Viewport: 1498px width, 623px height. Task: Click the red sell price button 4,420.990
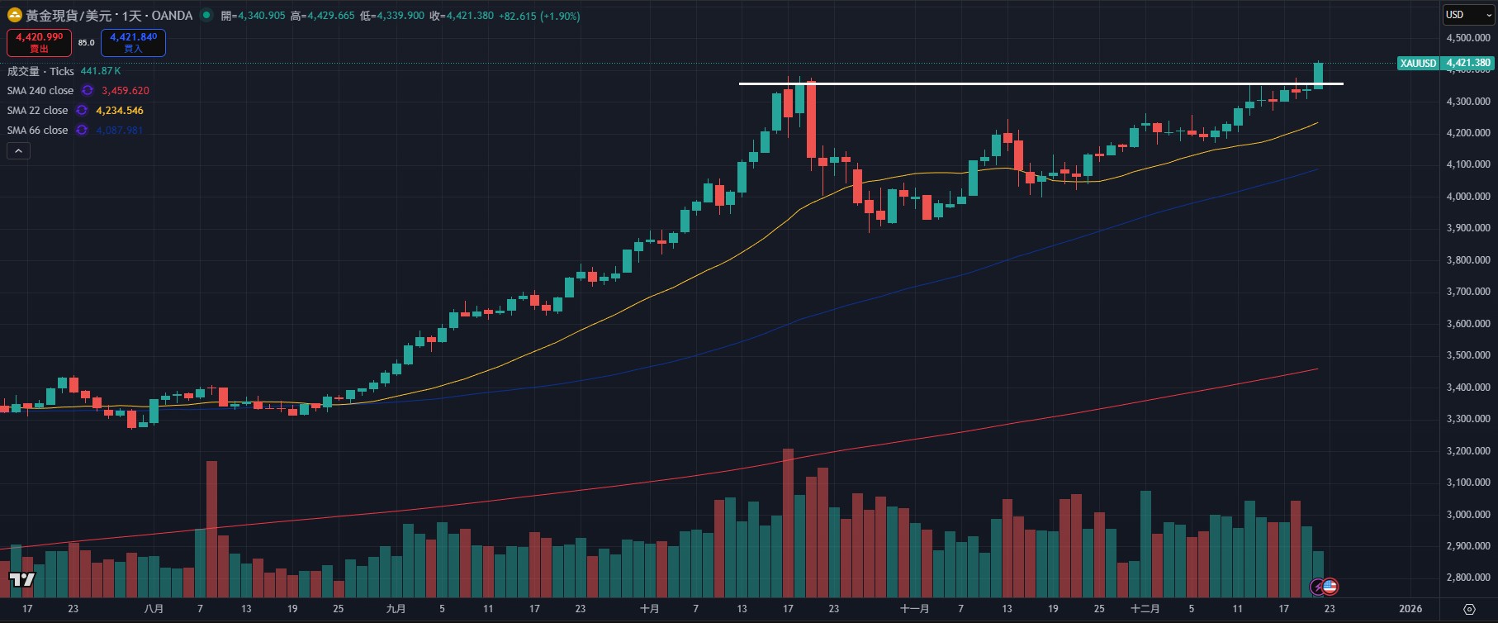(x=39, y=42)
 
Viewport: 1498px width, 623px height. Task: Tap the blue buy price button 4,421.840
(x=133, y=42)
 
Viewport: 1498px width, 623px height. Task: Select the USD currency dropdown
(x=1468, y=15)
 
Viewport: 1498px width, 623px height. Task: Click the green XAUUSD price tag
(x=1418, y=63)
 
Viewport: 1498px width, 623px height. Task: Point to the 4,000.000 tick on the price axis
(x=1467, y=197)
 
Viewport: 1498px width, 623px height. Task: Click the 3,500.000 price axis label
(x=1467, y=355)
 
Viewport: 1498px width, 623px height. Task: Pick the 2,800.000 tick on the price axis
(x=1467, y=578)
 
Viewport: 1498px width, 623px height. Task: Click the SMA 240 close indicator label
(x=40, y=91)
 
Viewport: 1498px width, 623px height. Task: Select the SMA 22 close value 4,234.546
(x=120, y=111)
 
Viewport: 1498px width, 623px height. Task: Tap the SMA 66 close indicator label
(x=38, y=131)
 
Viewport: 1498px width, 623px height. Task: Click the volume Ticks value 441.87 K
(x=101, y=71)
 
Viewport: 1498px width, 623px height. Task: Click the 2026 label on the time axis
(x=1410, y=609)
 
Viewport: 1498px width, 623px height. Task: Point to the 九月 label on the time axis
(x=396, y=609)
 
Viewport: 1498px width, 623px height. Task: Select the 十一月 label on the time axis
(x=914, y=609)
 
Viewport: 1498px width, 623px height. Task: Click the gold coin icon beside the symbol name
(x=14, y=16)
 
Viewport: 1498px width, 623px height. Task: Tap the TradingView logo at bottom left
(x=21, y=579)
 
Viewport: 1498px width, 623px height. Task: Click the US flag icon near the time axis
(x=1330, y=587)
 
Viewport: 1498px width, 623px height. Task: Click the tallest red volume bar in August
(x=211, y=529)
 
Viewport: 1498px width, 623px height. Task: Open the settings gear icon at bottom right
(x=1469, y=609)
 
